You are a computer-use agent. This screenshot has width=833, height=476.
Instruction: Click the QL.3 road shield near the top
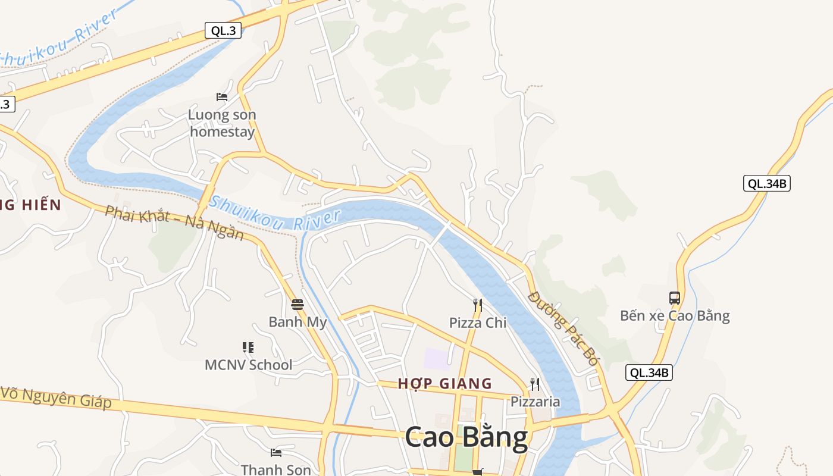point(223,31)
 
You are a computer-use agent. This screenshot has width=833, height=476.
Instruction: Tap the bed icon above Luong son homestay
point(222,96)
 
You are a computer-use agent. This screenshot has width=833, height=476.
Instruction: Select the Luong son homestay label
point(222,123)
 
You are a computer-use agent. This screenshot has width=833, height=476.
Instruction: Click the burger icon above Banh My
point(297,305)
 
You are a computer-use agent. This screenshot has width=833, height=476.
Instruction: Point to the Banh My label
point(297,322)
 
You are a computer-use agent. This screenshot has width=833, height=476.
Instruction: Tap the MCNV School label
point(248,364)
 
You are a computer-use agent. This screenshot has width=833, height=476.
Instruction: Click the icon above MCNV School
point(248,347)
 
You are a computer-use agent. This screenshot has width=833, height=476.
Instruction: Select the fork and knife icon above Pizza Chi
point(477,305)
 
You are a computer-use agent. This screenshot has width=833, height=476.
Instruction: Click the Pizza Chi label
point(477,322)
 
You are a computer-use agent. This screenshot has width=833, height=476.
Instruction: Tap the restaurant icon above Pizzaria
point(535,384)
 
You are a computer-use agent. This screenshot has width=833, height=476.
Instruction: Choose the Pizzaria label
point(535,402)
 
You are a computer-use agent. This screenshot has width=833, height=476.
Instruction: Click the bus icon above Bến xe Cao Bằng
point(674,297)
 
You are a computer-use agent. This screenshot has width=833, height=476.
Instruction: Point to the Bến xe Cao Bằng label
point(675,315)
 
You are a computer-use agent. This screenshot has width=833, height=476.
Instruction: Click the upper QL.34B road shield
point(767,183)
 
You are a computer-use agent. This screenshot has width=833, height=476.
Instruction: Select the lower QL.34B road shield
point(649,372)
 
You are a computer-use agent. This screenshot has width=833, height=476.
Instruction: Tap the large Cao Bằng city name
point(466,437)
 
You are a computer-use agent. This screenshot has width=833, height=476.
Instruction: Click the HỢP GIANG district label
point(445,383)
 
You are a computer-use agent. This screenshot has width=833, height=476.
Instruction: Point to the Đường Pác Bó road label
point(562,328)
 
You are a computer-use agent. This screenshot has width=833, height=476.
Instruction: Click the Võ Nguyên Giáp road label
point(56,397)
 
